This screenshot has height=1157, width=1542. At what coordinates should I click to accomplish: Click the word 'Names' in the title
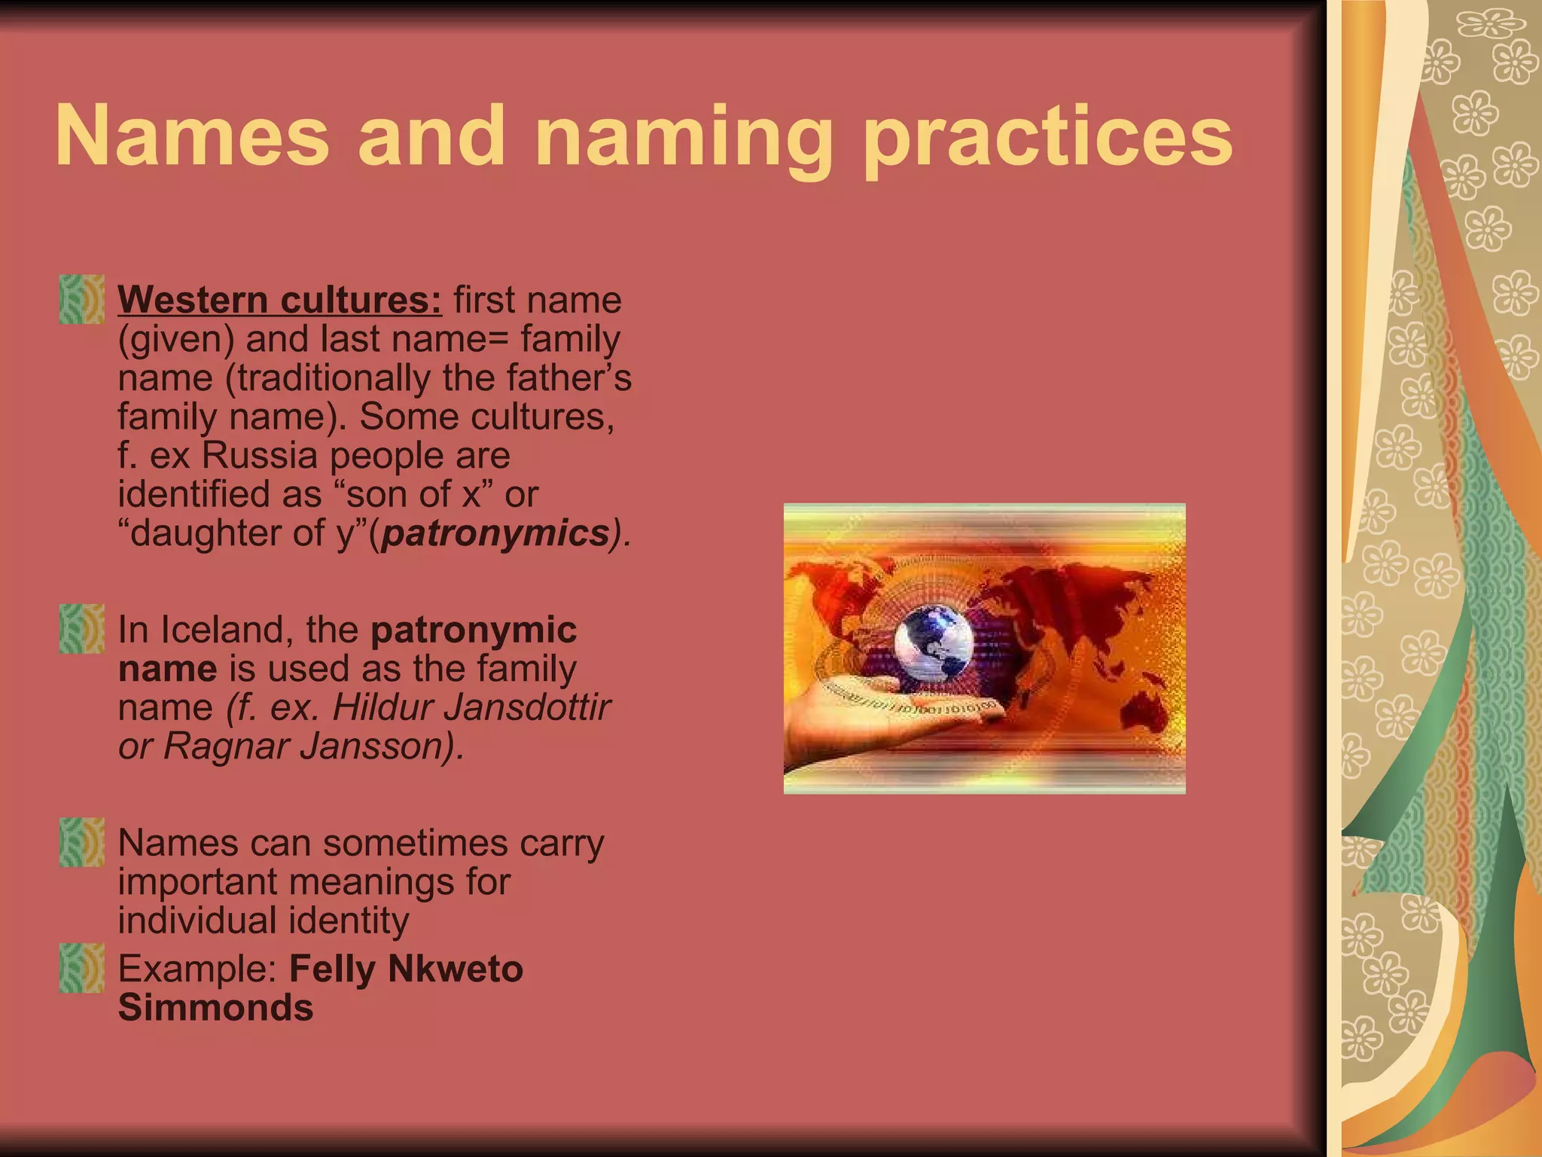pos(193,137)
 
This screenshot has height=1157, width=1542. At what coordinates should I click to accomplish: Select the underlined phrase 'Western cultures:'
pos(280,300)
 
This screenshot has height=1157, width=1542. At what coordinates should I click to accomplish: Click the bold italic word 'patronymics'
pos(495,533)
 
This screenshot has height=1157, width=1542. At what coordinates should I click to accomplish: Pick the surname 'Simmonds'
pos(215,1008)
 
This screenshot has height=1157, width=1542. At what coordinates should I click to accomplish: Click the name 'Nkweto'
pos(455,969)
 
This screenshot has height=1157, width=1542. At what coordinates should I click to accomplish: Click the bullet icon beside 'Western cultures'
pos(81,300)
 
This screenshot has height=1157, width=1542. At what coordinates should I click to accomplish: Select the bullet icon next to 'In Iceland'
pos(81,629)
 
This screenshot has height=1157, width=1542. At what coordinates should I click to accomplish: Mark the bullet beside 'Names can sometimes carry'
pos(81,842)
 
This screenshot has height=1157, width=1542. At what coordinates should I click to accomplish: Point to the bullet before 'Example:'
pos(81,968)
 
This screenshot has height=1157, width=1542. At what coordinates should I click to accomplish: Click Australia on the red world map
pos(1144,704)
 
